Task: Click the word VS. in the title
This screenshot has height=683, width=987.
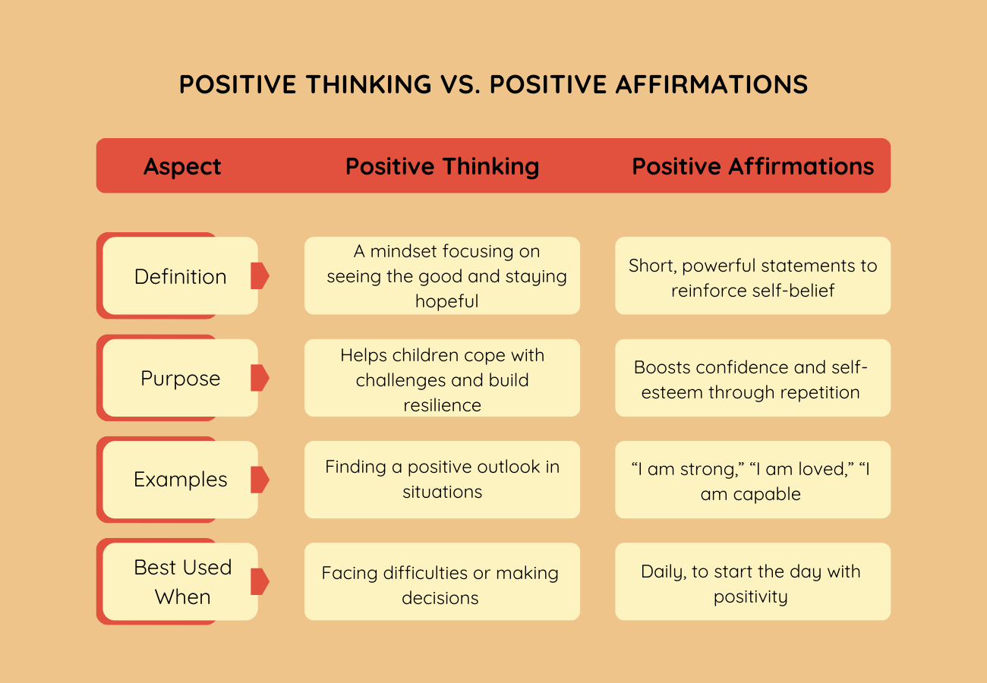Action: point(460,84)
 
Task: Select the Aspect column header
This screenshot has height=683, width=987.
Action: point(182,166)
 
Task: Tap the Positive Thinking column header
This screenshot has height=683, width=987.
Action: point(442,166)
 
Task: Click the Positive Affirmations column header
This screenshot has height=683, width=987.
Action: point(752,166)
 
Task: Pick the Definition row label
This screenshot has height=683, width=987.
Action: point(180,276)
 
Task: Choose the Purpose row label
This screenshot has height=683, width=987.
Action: point(180,378)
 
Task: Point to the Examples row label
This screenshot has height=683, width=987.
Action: point(180,480)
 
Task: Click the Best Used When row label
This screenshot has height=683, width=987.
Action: point(182,582)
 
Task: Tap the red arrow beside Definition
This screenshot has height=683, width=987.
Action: point(260,276)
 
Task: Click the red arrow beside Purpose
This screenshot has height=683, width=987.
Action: point(260,378)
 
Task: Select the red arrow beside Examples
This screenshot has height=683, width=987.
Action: point(260,480)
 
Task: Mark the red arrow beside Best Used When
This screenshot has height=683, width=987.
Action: point(260,581)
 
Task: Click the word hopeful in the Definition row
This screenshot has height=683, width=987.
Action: point(446,301)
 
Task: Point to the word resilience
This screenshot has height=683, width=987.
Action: point(442,404)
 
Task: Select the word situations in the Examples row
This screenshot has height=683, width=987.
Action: point(442,492)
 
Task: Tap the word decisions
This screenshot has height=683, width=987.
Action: point(440,598)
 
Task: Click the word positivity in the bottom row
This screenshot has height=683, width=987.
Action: point(750,597)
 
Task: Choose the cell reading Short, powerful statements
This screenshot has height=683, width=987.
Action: point(752,276)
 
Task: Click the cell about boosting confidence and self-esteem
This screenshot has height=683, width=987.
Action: point(752,379)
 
